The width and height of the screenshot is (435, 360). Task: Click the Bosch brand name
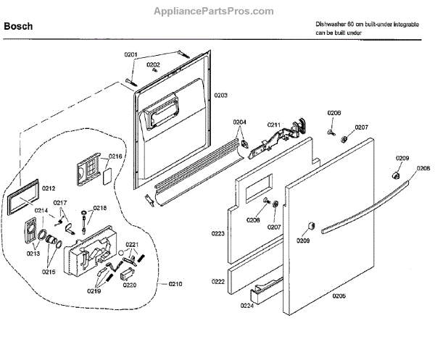pyautogui.click(x=17, y=26)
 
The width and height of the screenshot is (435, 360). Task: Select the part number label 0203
pyautogui.click(x=220, y=95)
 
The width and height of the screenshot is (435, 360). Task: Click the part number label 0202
pyautogui.click(x=153, y=64)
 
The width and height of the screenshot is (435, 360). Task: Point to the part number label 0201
pyautogui.click(x=130, y=54)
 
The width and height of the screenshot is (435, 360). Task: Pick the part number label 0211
pyautogui.click(x=273, y=125)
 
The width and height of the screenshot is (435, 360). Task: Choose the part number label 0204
pyautogui.click(x=239, y=122)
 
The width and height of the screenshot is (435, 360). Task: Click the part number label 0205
pyautogui.click(x=339, y=296)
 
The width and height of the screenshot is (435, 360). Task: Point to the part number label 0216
pyautogui.click(x=116, y=156)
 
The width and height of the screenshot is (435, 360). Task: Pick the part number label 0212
pyautogui.click(x=49, y=188)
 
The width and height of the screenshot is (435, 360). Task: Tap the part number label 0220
pyautogui.click(x=129, y=285)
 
